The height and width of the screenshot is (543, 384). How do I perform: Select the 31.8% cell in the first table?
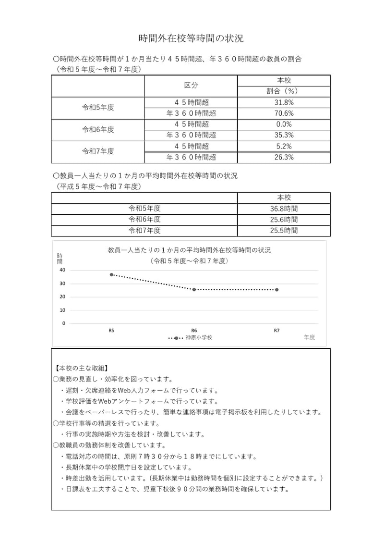click(x=284, y=102)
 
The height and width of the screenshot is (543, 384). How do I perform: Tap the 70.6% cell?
click(x=284, y=113)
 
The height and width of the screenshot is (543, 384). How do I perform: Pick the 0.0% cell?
click(x=284, y=124)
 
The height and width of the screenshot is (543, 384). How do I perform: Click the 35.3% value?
click(x=284, y=135)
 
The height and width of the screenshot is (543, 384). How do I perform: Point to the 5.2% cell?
click(x=284, y=146)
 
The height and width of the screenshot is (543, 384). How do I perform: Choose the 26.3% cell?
click(x=284, y=157)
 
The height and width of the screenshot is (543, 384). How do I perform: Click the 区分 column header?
click(x=191, y=86)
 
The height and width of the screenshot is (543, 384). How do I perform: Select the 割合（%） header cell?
click(x=284, y=91)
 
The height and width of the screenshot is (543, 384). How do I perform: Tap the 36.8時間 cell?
click(x=284, y=209)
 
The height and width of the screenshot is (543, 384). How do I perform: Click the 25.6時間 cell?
click(x=284, y=220)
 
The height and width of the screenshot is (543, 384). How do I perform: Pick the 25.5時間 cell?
click(x=284, y=231)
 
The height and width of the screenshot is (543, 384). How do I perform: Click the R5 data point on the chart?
click(x=111, y=275)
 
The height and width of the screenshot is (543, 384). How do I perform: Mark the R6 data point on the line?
click(x=194, y=289)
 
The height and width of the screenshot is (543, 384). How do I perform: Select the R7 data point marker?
click(x=276, y=290)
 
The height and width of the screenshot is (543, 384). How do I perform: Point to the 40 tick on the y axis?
click(x=62, y=270)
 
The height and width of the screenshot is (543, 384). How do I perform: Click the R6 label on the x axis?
click(x=194, y=331)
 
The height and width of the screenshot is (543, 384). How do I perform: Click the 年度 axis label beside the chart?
click(x=309, y=337)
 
